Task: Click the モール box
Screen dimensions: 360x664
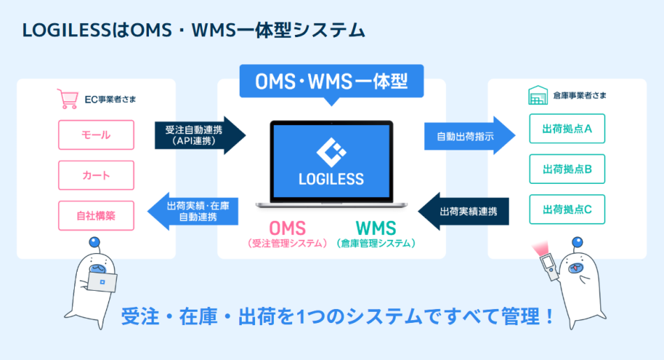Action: (96, 135)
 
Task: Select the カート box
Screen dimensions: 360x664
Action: (96, 175)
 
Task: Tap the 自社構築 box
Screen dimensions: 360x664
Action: (96, 215)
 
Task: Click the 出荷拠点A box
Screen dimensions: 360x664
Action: (567, 129)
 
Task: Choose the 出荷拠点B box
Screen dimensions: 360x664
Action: (567, 168)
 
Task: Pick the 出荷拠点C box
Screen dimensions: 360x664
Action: (567, 209)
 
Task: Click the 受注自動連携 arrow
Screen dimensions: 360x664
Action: (199, 135)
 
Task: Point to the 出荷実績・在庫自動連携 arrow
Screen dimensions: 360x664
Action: (189, 212)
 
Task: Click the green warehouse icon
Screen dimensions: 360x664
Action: (537, 97)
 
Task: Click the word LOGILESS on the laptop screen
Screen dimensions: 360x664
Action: (331, 179)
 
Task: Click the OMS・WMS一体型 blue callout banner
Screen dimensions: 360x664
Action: (332, 82)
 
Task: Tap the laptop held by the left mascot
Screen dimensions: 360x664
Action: (102, 282)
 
